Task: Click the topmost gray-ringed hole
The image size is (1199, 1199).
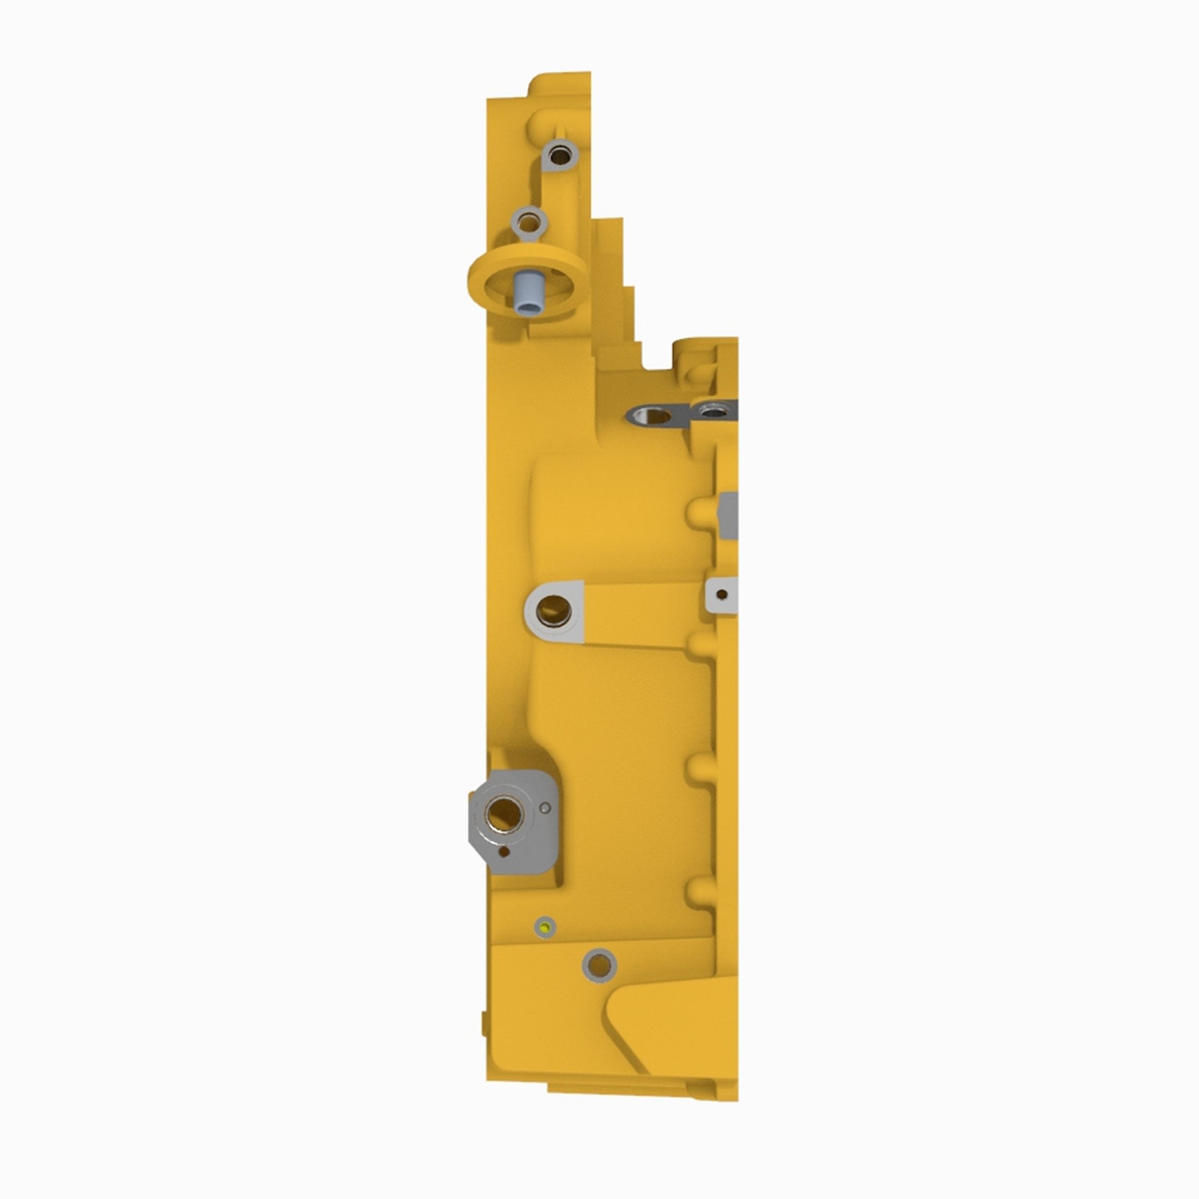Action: [560, 153]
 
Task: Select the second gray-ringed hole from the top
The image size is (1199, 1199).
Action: [529, 222]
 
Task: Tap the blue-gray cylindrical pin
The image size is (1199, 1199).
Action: [526, 294]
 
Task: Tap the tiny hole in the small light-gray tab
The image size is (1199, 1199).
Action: [721, 594]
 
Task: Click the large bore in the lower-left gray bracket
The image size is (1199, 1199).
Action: [504, 811]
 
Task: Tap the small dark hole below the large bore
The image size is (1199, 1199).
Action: [504, 852]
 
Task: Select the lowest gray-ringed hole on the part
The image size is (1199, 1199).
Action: [599, 981]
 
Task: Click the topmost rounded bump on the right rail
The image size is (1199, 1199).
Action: [700, 513]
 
